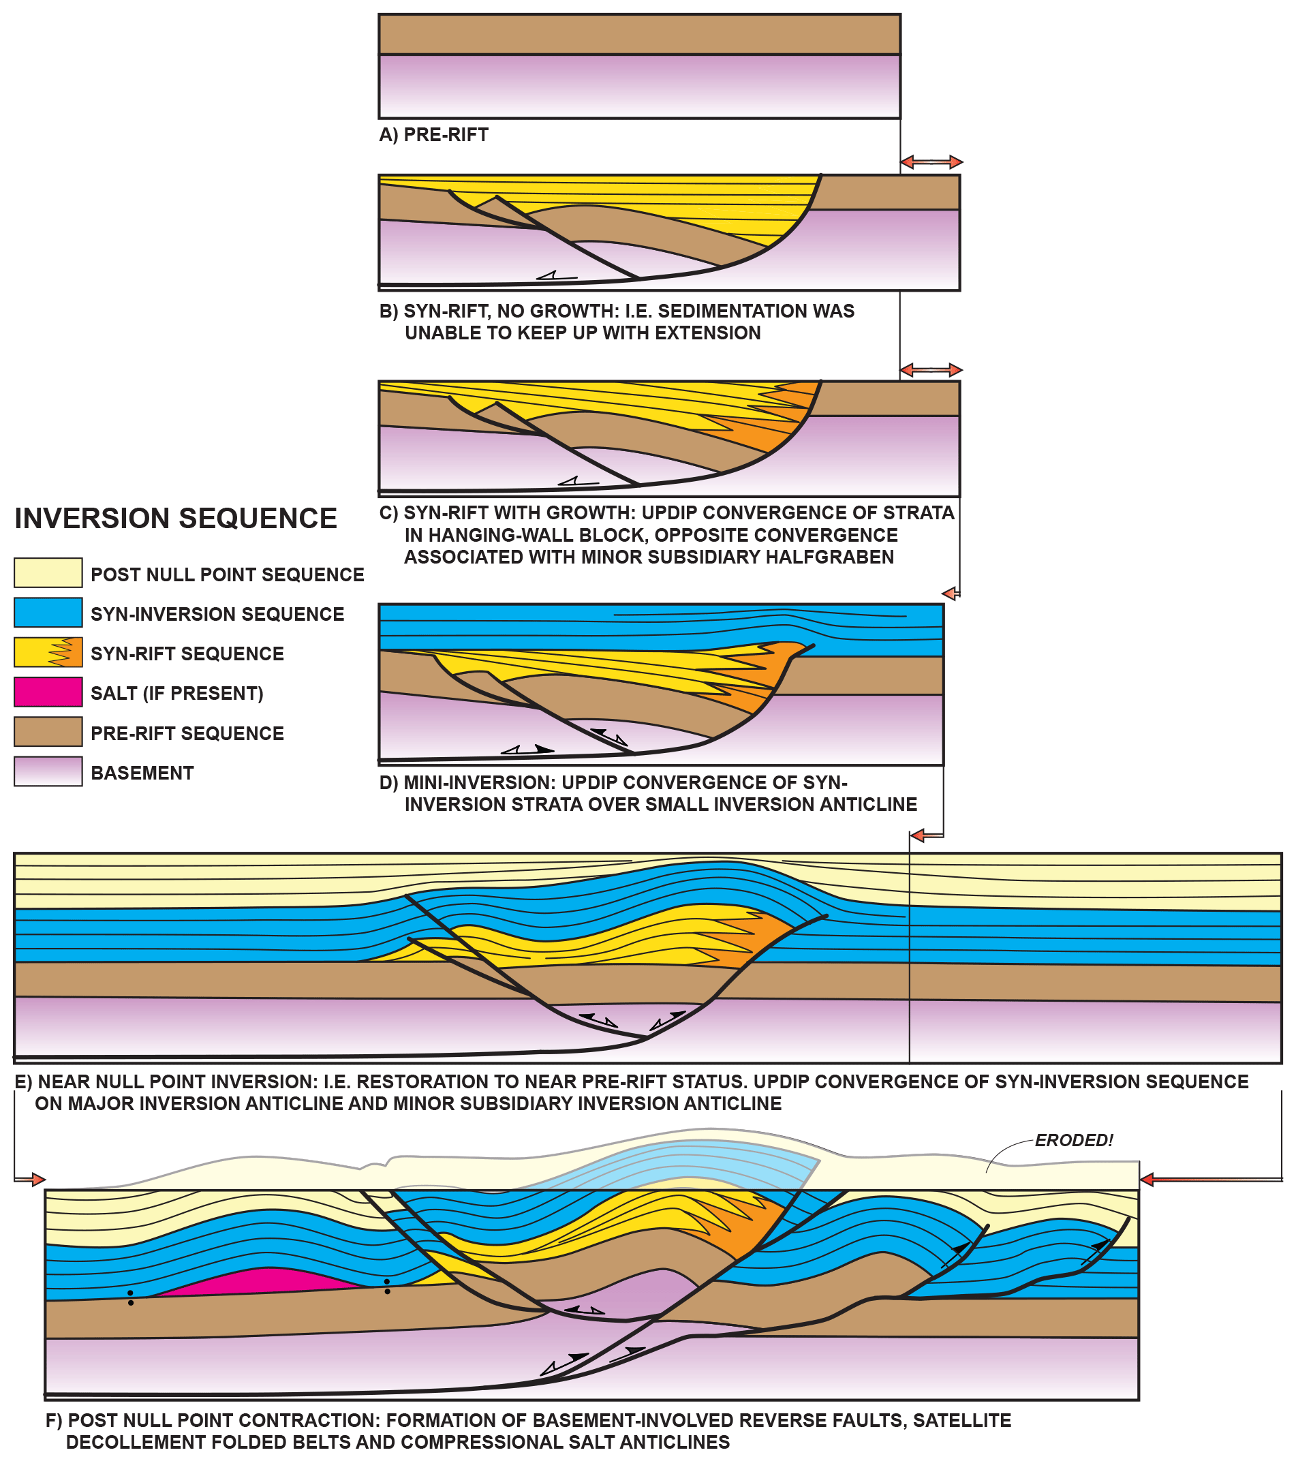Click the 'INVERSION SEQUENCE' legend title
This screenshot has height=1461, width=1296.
(175, 518)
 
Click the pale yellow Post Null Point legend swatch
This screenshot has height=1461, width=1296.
(48, 573)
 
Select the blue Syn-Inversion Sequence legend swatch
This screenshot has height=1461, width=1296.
(48, 613)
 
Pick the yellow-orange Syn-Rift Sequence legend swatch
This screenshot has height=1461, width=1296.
(48, 653)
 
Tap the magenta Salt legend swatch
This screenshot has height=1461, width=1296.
(48, 692)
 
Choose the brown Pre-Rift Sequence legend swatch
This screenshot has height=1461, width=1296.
(48, 732)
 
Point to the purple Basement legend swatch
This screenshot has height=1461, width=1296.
(48, 772)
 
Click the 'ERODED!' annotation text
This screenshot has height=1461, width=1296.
(1074, 1140)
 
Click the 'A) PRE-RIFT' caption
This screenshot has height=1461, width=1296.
(433, 134)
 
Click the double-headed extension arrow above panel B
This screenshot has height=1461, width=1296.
(931, 162)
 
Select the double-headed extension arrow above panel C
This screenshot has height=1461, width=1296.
(931, 370)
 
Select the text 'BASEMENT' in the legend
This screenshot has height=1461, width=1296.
(142, 773)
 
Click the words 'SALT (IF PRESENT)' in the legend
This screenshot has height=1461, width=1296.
(176, 693)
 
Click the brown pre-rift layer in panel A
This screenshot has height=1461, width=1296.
(639, 34)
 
